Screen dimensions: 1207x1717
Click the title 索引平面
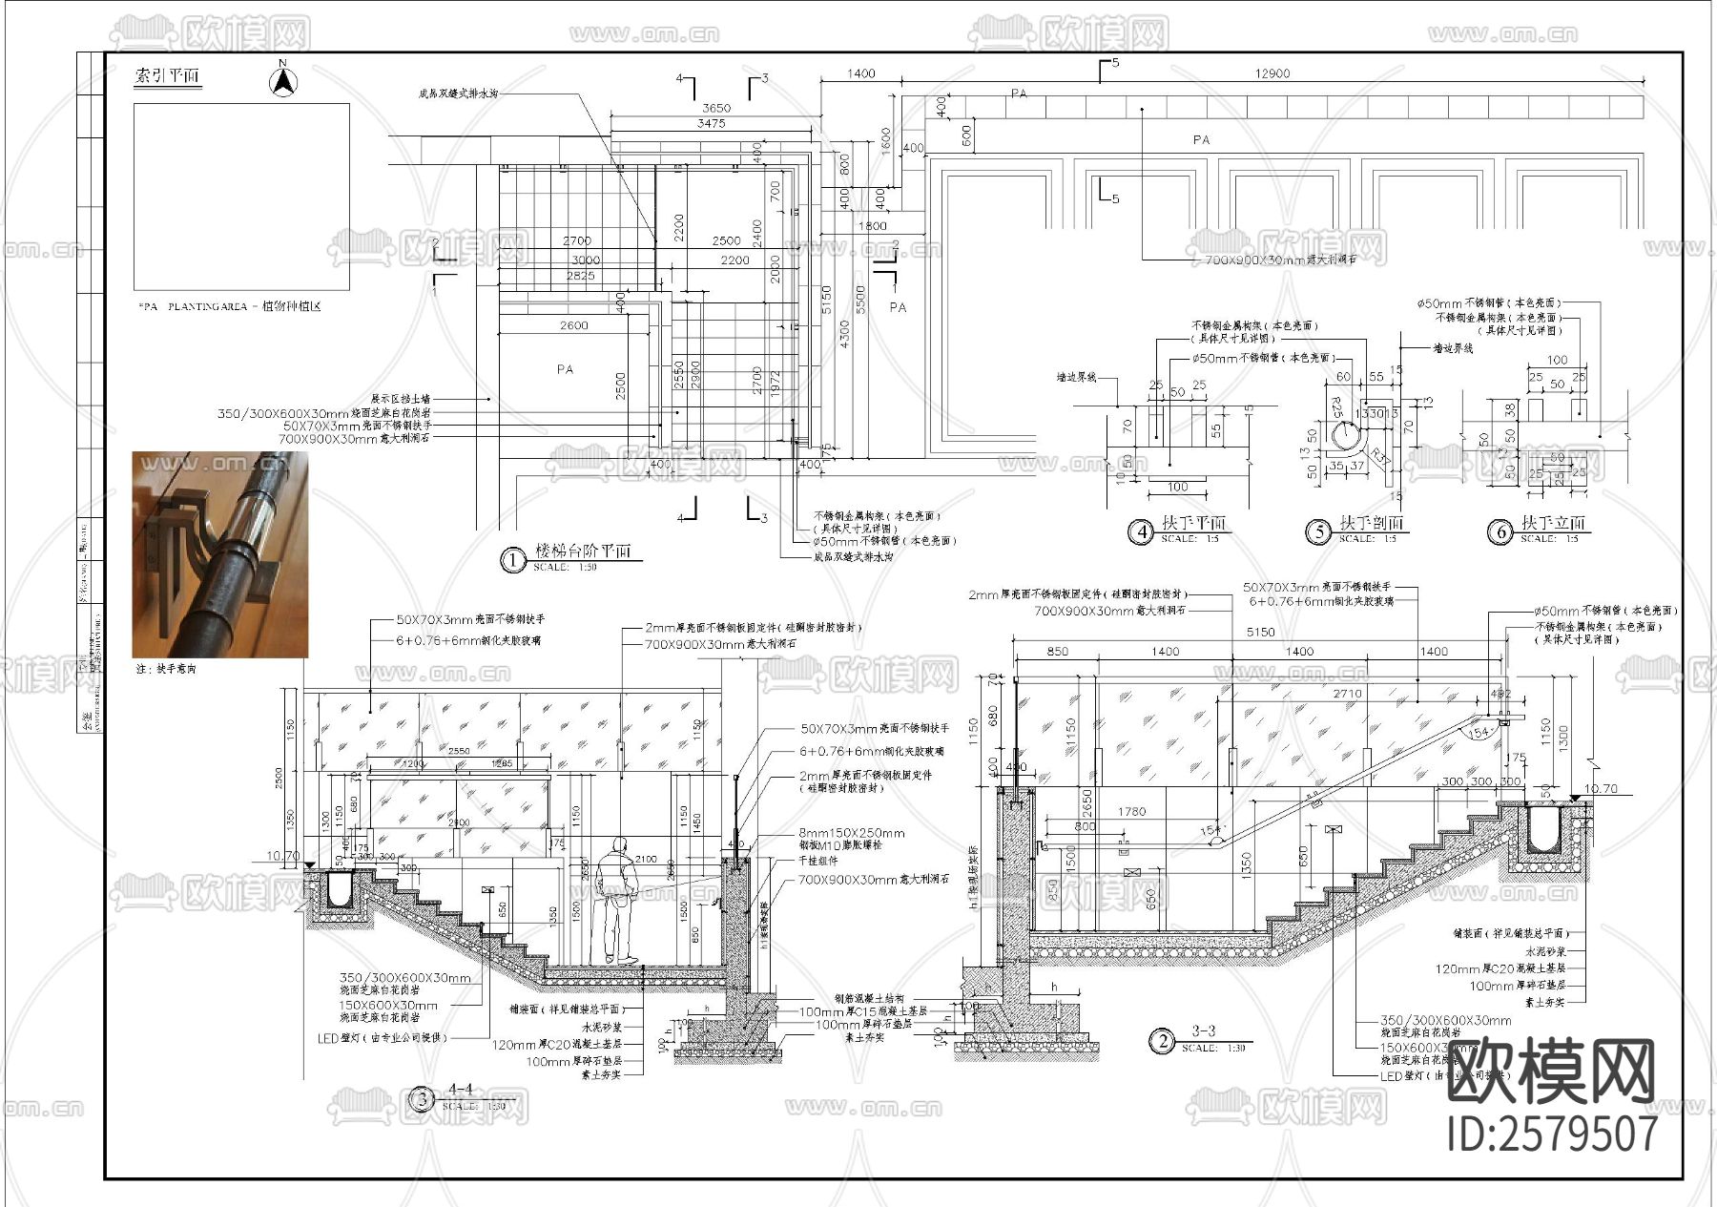pyautogui.click(x=168, y=76)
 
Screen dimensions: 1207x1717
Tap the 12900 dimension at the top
pyautogui.click(x=1272, y=73)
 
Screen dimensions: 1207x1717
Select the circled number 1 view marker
pyautogui.click(x=512, y=560)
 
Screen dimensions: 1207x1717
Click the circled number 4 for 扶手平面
pyautogui.click(x=1141, y=531)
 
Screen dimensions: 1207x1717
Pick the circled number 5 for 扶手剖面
pyautogui.click(x=1318, y=531)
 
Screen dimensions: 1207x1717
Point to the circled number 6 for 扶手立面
pyautogui.click(x=1500, y=531)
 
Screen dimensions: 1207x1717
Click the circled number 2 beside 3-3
pyautogui.click(x=1162, y=1041)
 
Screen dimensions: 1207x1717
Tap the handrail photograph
pyautogui.click(x=220, y=554)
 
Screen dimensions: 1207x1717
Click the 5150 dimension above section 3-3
pyautogui.click(x=1260, y=632)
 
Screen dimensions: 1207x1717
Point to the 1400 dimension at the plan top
pyautogui.click(x=860, y=73)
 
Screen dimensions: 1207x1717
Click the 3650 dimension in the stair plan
pyautogui.click(x=715, y=109)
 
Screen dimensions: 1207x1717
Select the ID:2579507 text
pyautogui.click(x=1552, y=1134)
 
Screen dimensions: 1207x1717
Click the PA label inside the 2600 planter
pyautogui.click(x=565, y=368)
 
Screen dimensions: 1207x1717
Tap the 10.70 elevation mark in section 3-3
pyautogui.click(x=1600, y=789)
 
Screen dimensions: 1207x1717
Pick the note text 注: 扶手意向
pyautogui.click(x=166, y=670)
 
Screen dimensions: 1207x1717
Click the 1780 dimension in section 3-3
pyautogui.click(x=1131, y=812)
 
